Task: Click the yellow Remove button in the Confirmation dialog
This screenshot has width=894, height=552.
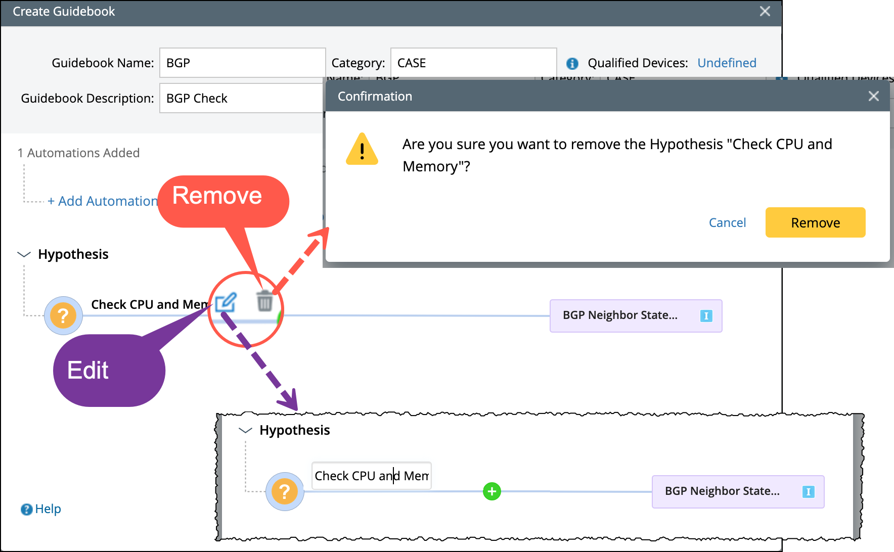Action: [815, 222]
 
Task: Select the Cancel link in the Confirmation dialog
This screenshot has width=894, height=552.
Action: [727, 222]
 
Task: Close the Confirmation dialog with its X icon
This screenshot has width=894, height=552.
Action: [873, 96]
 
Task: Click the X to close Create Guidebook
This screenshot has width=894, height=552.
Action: [765, 11]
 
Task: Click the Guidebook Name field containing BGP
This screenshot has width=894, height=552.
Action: [242, 63]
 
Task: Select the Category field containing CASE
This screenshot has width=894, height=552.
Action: [473, 63]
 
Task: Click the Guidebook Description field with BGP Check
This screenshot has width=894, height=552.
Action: [241, 98]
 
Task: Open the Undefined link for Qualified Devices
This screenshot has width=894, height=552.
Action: [727, 63]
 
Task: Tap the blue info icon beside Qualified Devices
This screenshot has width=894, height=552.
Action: [572, 63]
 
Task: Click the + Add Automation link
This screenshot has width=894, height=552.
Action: [103, 201]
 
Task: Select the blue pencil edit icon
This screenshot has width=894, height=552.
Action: [226, 302]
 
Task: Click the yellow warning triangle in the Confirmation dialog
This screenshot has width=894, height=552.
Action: [362, 150]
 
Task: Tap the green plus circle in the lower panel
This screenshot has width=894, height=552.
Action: [491, 491]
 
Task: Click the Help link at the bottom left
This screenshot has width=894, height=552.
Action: [41, 509]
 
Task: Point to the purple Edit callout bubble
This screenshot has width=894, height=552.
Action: [108, 371]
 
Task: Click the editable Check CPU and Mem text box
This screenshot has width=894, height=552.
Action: [371, 476]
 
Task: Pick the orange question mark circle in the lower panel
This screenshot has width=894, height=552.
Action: [285, 491]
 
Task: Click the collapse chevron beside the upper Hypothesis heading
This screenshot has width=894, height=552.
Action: [24, 254]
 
